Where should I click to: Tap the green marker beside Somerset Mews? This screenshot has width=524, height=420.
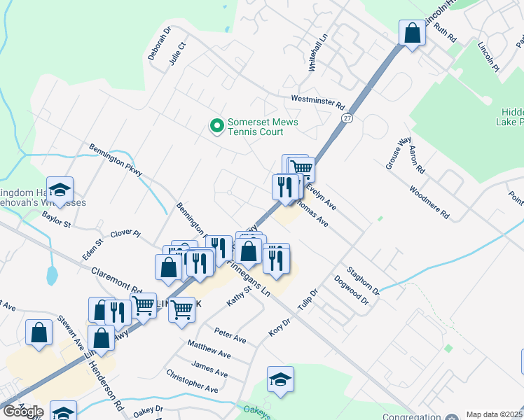(x=217, y=126)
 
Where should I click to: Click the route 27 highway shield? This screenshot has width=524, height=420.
(x=347, y=119)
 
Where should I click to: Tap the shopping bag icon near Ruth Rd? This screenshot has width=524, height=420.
(x=412, y=32)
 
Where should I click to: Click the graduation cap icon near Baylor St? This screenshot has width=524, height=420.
(x=60, y=190)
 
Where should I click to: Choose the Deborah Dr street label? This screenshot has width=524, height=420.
(x=159, y=44)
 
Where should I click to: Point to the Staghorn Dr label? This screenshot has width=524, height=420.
(x=363, y=280)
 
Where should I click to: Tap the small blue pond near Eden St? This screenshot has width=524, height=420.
(x=52, y=274)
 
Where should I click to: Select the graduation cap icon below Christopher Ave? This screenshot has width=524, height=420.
(x=280, y=380)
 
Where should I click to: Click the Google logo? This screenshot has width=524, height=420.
(x=23, y=412)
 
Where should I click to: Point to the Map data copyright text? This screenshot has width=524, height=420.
(x=495, y=414)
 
